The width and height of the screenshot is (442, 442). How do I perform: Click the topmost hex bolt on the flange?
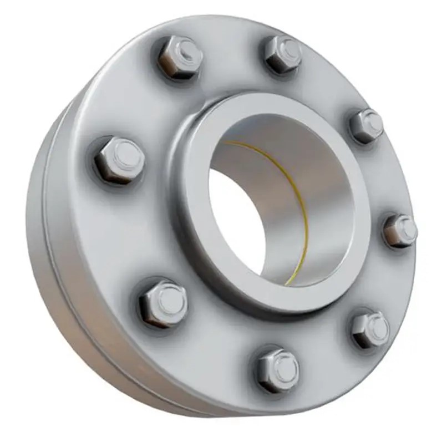282,54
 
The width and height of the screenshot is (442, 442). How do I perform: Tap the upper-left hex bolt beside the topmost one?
179,57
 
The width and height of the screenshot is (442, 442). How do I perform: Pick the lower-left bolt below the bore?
163,303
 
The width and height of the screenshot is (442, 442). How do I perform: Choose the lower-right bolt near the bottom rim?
370,329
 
